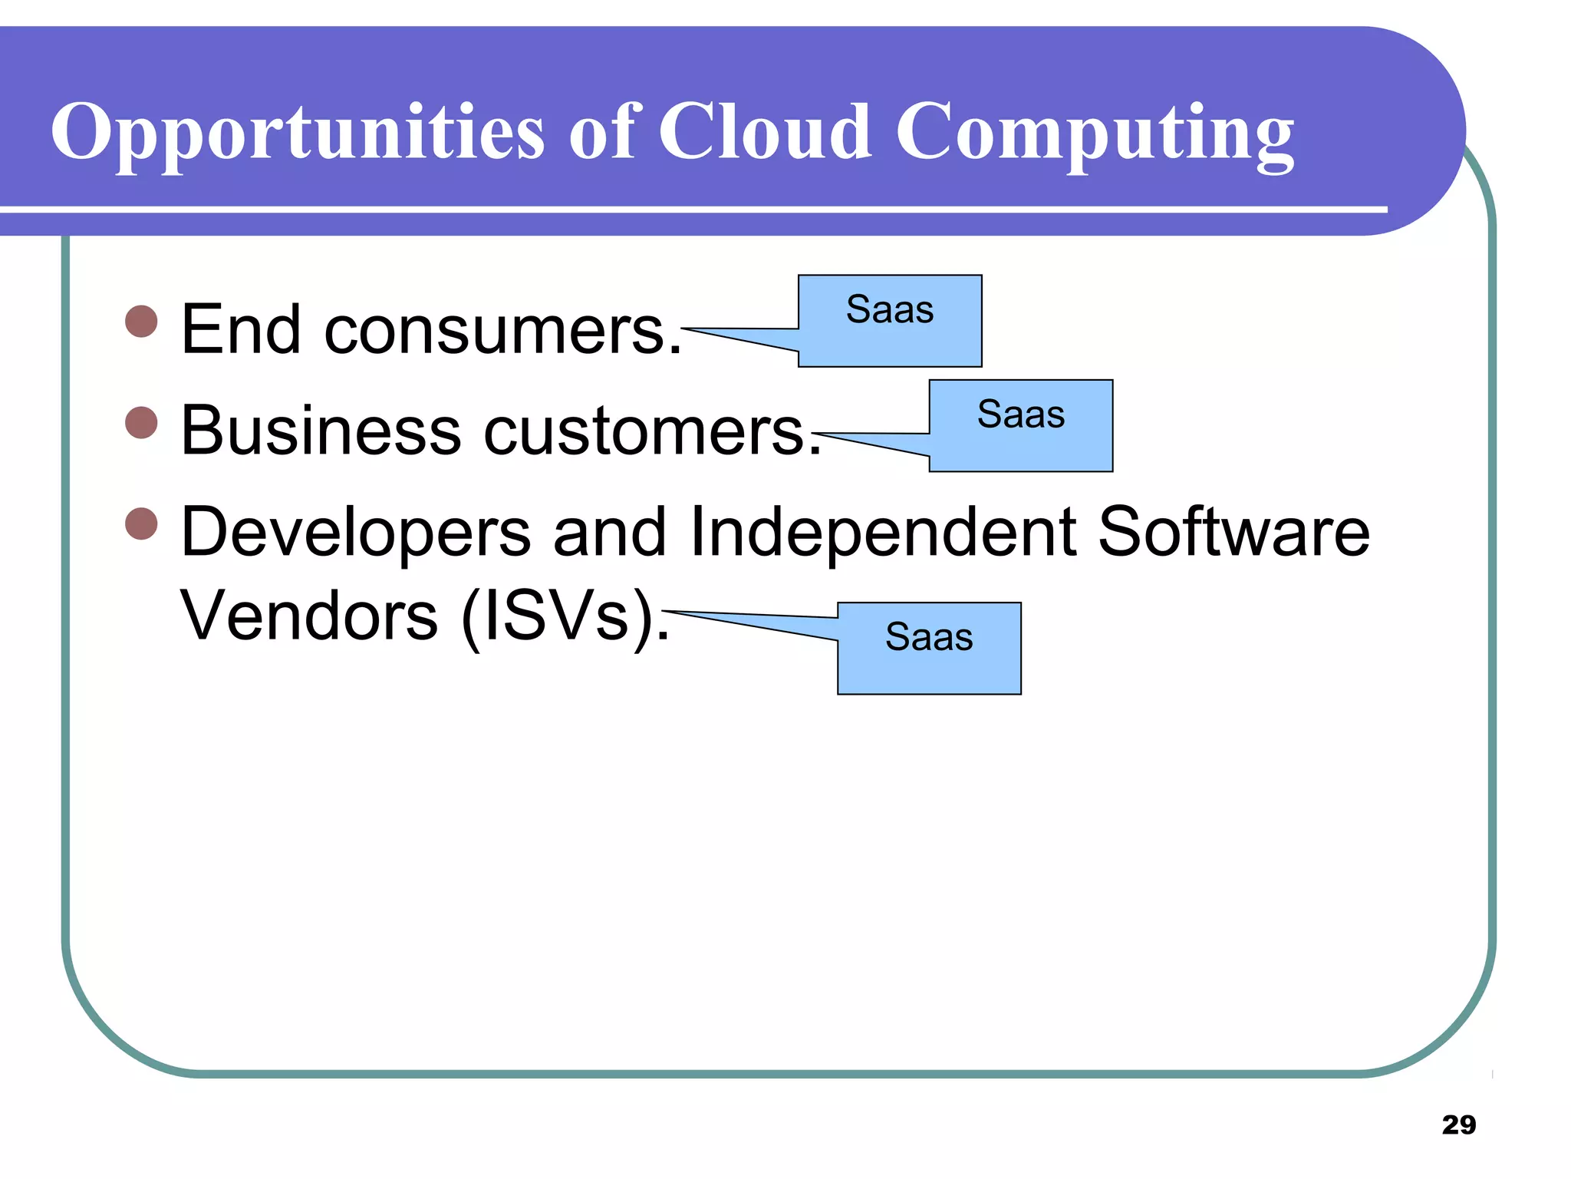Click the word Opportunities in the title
[298, 132]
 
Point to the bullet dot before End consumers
[141, 321]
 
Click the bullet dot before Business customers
[141, 422]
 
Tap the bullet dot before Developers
[141, 523]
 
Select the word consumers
[502, 330]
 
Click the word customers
[652, 431]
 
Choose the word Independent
[883, 533]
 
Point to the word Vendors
[308, 616]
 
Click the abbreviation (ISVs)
[565, 617]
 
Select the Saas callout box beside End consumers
[890, 321]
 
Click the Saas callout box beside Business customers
[1020, 425]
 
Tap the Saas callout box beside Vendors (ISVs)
[929, 648]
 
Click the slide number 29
[1458, 1125]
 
